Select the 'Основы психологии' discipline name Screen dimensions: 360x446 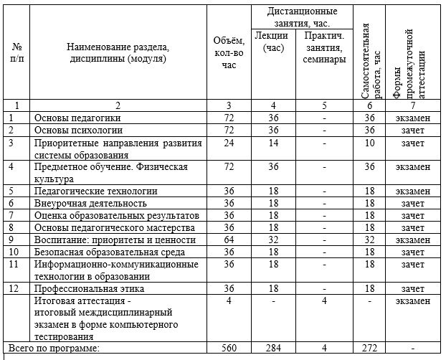point(79,131)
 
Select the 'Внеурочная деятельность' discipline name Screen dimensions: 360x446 point(90,204)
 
